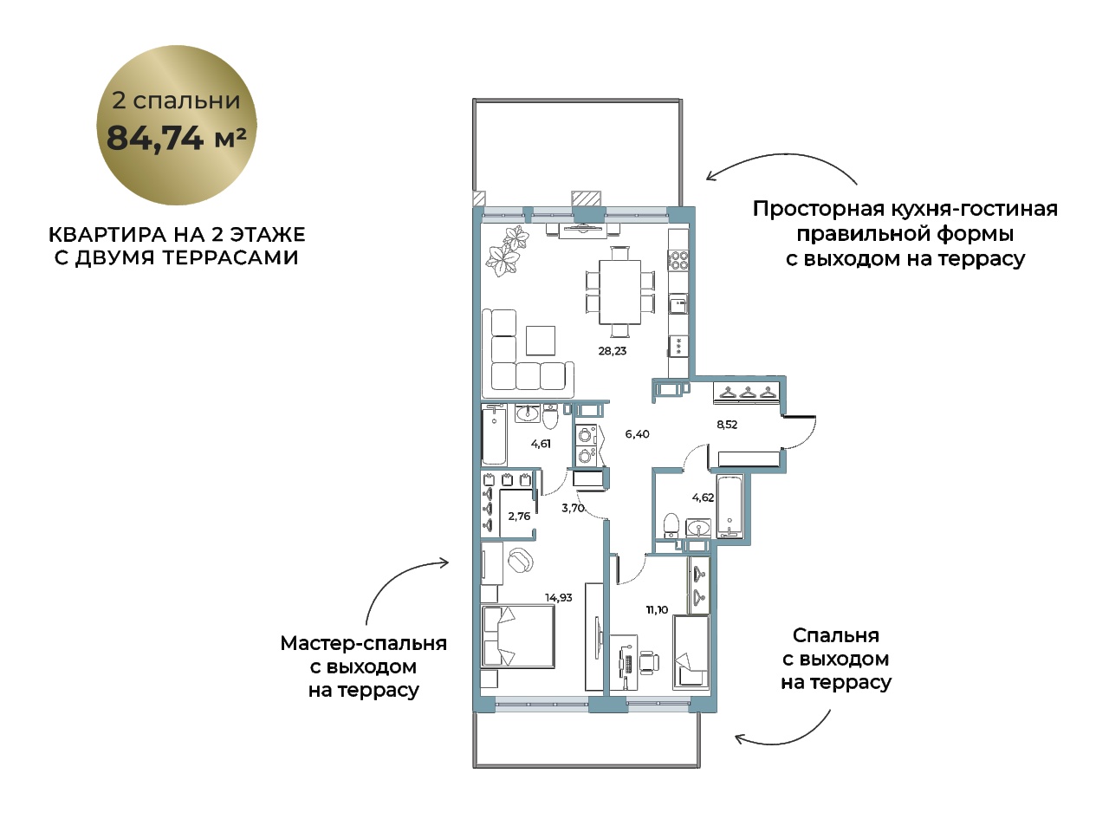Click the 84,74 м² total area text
coord(177,138)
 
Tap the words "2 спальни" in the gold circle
coord(176,101)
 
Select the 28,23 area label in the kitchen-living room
coord(613,351)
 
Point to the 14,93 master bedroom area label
coord(558,598)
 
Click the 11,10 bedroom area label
coord(657,610)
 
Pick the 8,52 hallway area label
coord(727,425)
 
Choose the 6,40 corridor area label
coord(637,434)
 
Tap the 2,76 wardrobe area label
coord(519,516)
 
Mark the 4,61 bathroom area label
coord(541,444)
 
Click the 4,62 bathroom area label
coord(703,497)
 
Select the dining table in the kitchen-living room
coord(620,292)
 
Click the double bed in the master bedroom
coord(518,636)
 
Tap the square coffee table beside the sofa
coord(541,341)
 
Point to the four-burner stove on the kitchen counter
coord(678,260)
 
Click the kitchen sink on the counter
coord(678,304)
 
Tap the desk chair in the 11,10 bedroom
coord(649,663)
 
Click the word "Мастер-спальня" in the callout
coord(363,644)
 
